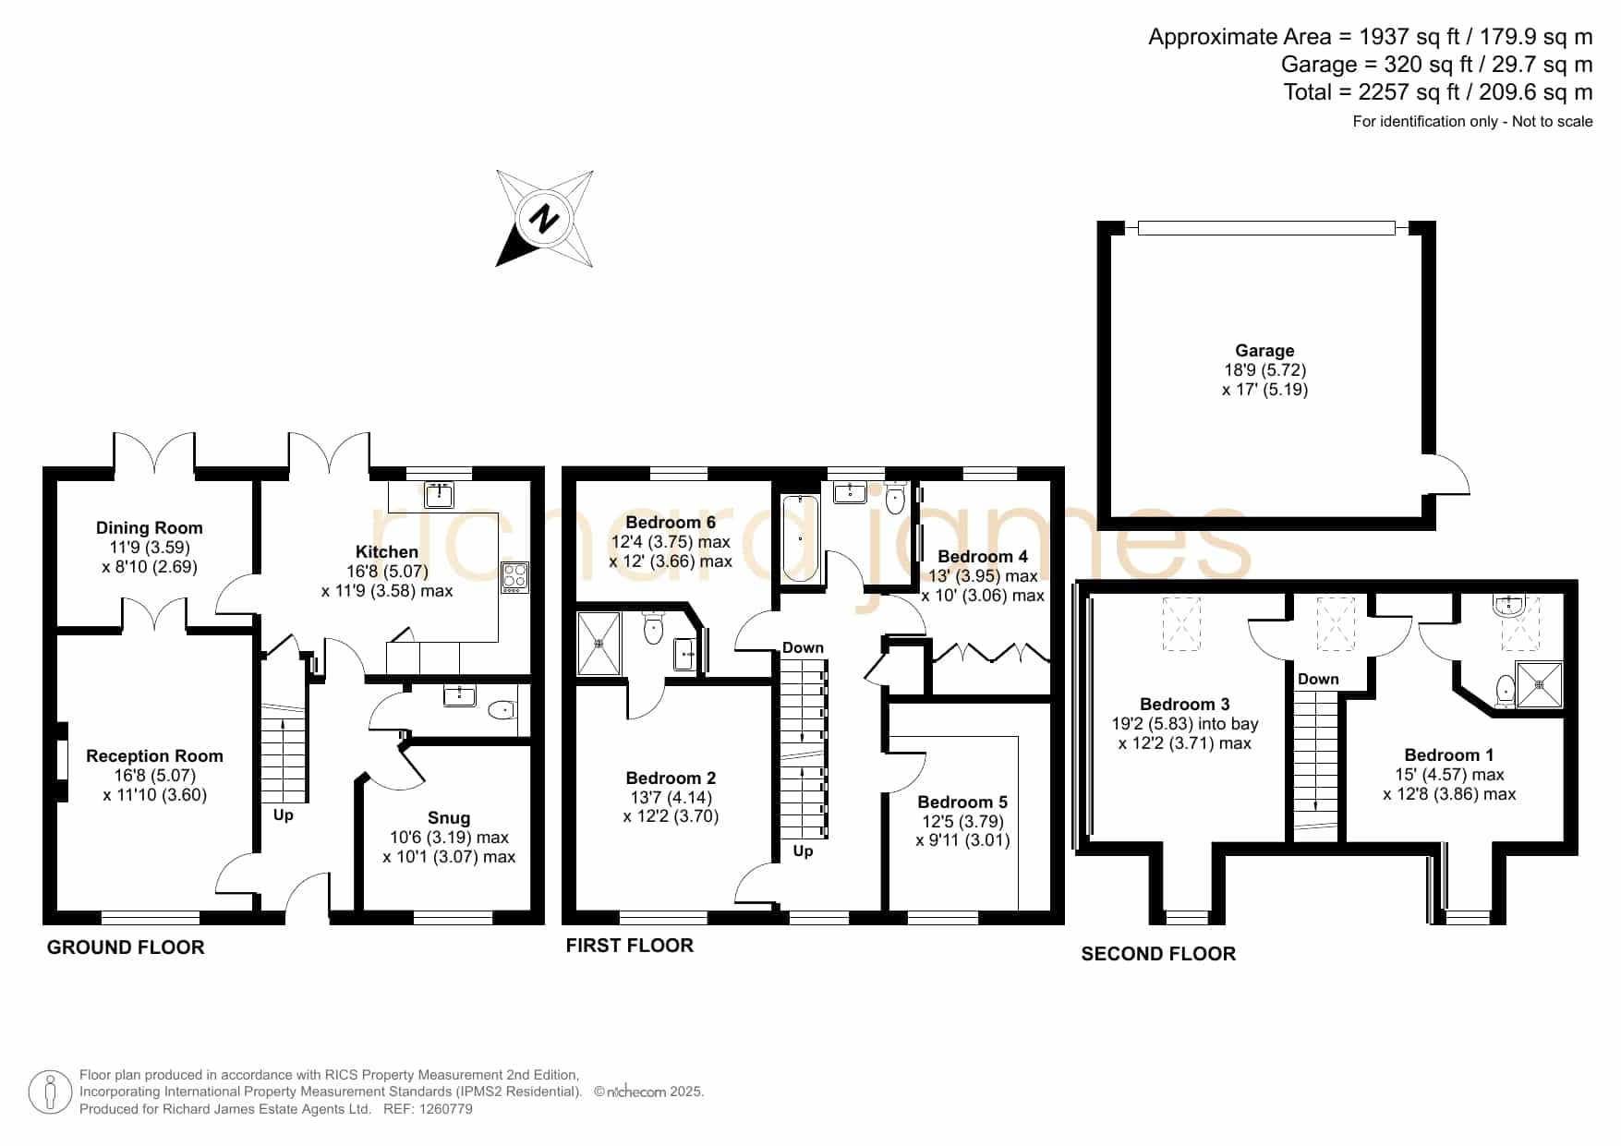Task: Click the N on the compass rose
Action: click(544, 219)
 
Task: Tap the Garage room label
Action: click(1264, 351)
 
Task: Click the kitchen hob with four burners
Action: click(514, 577)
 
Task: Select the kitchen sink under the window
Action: click(439, 495)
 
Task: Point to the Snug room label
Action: click(449, 818)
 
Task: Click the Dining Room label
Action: click(150, 528)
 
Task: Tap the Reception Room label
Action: click(154, 756)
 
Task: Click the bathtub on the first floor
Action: click(800, 538)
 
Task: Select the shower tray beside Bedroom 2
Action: click(599, 643)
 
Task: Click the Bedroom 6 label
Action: click(671, 523)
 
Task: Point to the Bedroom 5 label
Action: click(962, 802)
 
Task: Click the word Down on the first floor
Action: click(803, 648)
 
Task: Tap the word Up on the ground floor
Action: click(283, 815)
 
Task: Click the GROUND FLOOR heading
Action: click(126, 947)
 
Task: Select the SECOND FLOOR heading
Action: click(1158, 954)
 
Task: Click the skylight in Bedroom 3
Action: click(1181, 624)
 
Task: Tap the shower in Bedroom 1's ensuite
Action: click(1540, 685)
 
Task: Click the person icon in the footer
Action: click(50, 1092)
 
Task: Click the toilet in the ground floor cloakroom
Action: click(502, 710)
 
